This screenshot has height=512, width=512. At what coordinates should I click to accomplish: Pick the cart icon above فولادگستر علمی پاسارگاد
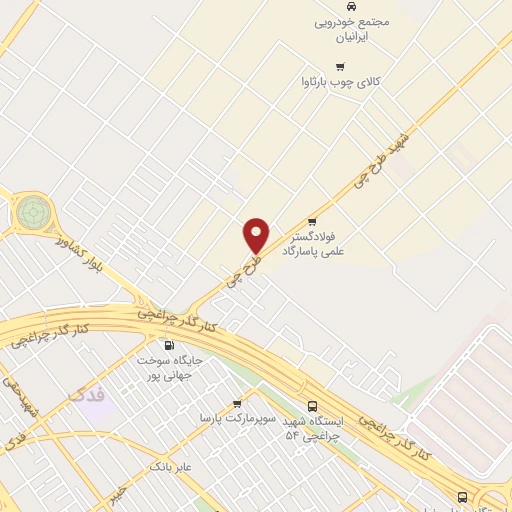click(x=313, y=221)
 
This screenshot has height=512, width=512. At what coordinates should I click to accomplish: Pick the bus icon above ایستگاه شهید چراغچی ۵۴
click(x=313, y=406)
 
